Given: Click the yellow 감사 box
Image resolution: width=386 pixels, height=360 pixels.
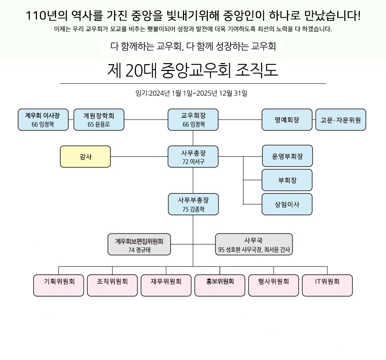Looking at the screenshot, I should [85, 156].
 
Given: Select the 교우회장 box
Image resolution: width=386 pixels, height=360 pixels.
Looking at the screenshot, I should [193, 120].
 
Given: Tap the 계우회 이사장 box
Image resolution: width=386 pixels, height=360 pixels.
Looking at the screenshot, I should [43, 120].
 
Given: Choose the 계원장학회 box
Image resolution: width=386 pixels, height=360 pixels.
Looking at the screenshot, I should [99, 120].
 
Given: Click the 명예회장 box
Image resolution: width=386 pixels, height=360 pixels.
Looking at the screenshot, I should [287, 120].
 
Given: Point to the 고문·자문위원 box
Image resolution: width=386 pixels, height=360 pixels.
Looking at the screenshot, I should [341, 120].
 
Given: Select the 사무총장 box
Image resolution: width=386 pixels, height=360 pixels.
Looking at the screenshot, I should [193, 156].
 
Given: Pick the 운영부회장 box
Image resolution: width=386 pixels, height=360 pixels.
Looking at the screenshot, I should [287, 156].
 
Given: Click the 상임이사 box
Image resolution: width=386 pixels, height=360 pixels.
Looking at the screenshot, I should [287, 204].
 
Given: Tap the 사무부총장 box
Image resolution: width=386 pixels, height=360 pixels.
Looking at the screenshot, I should [193, 204].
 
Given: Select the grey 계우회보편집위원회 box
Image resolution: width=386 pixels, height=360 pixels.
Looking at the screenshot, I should [139, 244].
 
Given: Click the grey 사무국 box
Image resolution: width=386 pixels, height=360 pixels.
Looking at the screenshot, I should [254, 244].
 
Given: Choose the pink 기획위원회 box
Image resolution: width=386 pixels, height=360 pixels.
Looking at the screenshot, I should [59, 285].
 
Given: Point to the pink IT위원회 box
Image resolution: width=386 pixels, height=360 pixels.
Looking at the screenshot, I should [327, 285].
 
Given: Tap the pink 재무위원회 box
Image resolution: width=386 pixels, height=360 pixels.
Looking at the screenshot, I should [166, 285].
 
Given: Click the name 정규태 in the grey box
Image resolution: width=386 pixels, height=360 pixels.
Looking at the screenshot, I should [143, 250].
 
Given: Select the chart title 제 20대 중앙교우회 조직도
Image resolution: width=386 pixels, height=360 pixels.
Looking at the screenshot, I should [193, 71].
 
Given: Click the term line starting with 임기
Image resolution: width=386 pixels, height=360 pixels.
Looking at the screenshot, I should [191, 93].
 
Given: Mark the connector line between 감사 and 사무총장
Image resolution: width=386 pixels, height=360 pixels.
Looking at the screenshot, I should [139, 156].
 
